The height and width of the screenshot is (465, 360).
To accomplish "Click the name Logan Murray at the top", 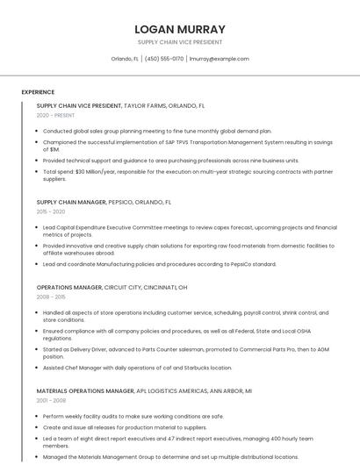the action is pyautogui.click(x=179, y=29).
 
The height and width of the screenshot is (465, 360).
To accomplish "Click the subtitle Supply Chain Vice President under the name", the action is pyautogui.click(x=179, y=42).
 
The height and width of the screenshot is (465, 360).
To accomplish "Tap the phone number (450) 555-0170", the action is pyautogui.click(x=164, y=59).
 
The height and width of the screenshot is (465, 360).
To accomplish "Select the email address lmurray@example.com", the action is pyautogui.click(x=220, y=59).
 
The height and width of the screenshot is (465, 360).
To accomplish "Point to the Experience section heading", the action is pyautogui.click(x=38, y=92).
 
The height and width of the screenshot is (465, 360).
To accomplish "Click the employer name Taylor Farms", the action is pyautogui.click(x=145, y=105).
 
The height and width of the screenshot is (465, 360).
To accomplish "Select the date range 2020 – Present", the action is pyautogui.click(x=55, y=115).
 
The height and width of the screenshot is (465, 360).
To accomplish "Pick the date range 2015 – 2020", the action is pyautogui.click(x=51, y=211).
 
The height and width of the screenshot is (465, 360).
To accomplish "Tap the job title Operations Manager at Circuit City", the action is pyautogui.click(x=69, y=287).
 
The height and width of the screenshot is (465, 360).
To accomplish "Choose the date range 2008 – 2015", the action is pyautogui.click(x=51, y=297).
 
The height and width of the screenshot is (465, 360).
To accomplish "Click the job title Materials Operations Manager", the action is pyautogui.click(x=85, y=390).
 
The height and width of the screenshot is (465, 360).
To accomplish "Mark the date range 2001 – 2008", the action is pyautogui.click(x=51, y=400).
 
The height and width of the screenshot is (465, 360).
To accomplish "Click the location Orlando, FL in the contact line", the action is pyautogui.click(x=125, y=59).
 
